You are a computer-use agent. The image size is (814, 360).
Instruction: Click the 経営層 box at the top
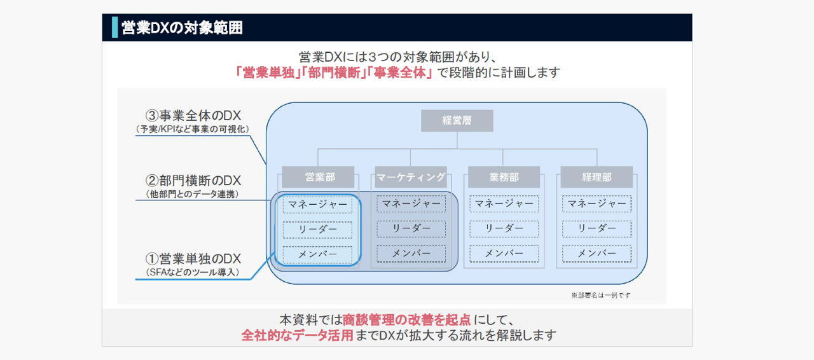[457, 121]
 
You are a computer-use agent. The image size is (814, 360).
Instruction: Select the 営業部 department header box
[318, 177]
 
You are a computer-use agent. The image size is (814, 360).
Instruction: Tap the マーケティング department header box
[411, 177]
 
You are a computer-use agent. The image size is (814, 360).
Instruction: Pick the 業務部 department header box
[504, 177]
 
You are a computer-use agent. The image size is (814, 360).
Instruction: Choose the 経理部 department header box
[597, 177]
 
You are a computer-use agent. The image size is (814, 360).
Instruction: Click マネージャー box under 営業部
[317, 205]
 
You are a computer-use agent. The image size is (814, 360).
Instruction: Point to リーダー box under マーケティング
[411, 229]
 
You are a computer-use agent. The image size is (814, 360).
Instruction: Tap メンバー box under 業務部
[504, 254]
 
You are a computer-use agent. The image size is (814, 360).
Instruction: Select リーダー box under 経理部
[597, 229]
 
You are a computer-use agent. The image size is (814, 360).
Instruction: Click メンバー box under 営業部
[317, 254]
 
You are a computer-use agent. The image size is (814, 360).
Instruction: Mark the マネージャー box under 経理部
[597, 204]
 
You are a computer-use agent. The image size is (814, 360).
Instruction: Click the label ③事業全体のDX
[193, 116]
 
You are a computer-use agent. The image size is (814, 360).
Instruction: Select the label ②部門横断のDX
[193, 181]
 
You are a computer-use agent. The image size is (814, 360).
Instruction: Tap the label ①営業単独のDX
[193, 259]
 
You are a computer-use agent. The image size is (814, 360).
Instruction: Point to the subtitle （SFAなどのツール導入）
[193, 272]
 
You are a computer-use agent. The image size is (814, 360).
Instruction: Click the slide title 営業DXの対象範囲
[182, 27]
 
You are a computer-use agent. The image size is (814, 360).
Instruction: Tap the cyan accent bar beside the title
[115, 27]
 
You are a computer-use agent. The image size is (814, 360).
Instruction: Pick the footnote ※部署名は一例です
[601, 295]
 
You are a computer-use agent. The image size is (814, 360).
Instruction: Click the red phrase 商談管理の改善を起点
[406, 320]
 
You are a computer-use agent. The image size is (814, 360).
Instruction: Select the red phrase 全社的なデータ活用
[297, 335]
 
